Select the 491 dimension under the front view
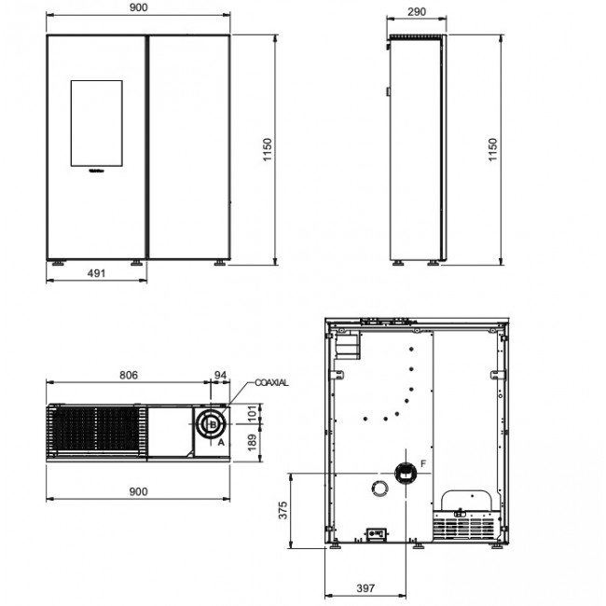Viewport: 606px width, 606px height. point(95,273)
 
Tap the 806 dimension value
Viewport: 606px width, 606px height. point(129,375)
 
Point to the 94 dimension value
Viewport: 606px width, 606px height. point(221,375)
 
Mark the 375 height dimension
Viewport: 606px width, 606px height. point(282,511)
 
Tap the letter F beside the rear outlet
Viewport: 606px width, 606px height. point(423,463)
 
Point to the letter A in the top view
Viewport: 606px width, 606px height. point(221,444)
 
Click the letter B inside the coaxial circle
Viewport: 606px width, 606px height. point(212,425)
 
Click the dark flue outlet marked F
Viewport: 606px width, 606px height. point(403,473)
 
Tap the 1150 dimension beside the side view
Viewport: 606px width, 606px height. point(492,152)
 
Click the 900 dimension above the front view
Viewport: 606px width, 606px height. point(137,8)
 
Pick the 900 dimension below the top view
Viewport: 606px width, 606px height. point(137,490)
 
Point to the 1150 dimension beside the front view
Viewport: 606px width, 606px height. point(267,152)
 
